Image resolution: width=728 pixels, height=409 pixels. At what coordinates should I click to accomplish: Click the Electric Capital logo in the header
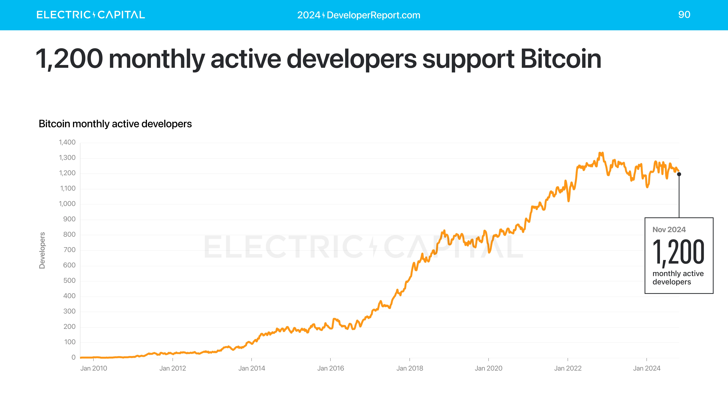pyautogui.click(x=90, y=15)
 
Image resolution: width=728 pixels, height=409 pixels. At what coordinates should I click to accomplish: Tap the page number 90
pyautogui.click(x=684, y=15)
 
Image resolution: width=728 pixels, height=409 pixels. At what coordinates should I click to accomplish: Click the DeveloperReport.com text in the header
pyautogui.click(x=373, y=15)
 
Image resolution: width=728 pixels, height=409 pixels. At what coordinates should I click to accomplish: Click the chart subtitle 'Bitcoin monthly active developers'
pyautogui.click(x=115, y=124)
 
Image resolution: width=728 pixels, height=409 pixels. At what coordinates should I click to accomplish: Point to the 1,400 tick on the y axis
pyautogui.click(x=67, y=142)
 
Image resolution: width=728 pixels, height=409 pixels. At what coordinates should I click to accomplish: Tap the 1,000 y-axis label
pyautogui.click(x=67, y=204)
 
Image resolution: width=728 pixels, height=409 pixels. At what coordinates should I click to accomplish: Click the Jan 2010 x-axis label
pyautogui.click(x=93, y=368)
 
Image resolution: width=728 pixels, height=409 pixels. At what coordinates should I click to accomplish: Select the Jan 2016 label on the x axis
pyautogui.click(x=330, y=368)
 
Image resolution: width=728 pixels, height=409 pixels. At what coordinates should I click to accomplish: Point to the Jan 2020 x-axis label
pyautogui.click(x=488, y=368)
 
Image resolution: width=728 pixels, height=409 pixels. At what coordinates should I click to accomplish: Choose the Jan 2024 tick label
pyautogui.click(x=647, y=368)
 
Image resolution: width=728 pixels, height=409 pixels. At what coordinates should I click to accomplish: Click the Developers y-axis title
pyautogui.click(x=42, y=250)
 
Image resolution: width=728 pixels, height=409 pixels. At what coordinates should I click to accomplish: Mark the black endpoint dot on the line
pyautogui.click(x=679, y=174)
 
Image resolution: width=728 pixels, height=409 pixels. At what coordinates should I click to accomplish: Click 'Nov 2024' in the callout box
pyautogui.click(x=669, y=230)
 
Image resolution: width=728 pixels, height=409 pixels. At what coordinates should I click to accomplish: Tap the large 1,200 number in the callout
pyautogui.click(x=678, y=252)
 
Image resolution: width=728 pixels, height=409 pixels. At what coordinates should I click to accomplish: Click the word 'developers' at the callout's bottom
pyautogui.click(x=672, y=282)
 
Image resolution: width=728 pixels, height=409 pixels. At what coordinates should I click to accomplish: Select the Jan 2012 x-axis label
pyautogui.click(x=173, y=368)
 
